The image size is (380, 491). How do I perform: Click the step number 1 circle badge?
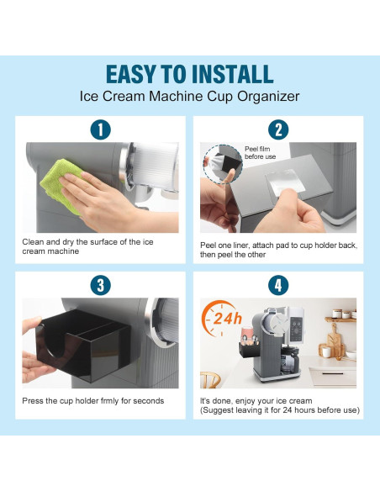click(x=100, y=130)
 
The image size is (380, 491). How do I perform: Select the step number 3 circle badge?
click(x=100, y=286)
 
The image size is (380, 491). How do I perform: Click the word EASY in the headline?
click(x=138, y=73)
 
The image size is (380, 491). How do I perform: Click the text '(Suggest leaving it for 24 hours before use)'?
click(x=280, y=410)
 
